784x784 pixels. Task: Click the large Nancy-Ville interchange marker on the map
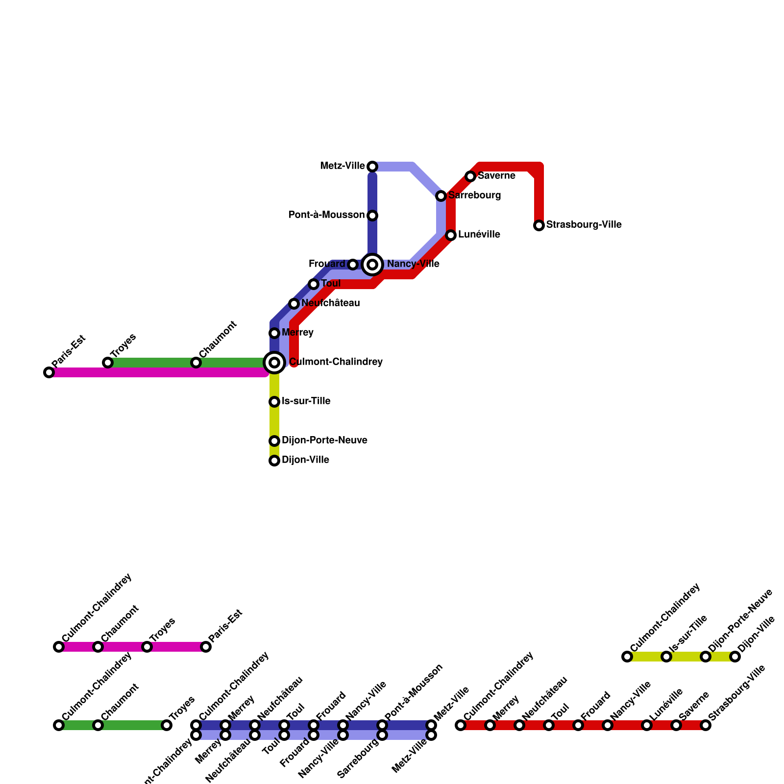pyautogui.click(x=372, y=265)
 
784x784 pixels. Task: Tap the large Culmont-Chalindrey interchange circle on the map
pyautogui.click(x=274, y=363)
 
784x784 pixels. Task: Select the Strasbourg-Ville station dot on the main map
pyautogui.click(x=539, y=225)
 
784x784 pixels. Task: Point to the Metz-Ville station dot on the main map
pyautogui.click(x=372, y=167)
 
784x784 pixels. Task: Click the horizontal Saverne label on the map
pyautogui.click(x=496, y=176)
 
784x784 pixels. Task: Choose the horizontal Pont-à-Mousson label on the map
pyautogui.click(x=326, y=215)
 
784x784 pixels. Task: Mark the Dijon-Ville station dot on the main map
pyautogui.click(x=274, y=461)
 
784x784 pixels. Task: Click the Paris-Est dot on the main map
pyautogui.click(x=49, y=372)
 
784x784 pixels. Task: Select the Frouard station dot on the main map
pyautogui.click(x=353, y=265)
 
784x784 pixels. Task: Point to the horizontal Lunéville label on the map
pyautogui.click(x=479, y=235)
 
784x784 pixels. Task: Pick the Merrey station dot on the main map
pyautogui.click(x=274, y=333)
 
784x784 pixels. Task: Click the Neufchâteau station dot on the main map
pyautogui.click(x=294, y=304)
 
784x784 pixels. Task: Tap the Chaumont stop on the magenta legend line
pyautogui.click(x=98, y=647)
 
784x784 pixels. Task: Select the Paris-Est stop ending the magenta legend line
pyautogui.click(x=206, y=647)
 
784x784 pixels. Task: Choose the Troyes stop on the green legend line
pyautogui.click(x=167, y=725)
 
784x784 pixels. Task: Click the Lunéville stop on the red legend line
pyautogui.click(x=647, y=725)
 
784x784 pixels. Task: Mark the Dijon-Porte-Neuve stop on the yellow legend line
pyautogui.click(x=706, y=657)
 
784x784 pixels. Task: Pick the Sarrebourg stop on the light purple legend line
pyautogui.click(x=382, y=735)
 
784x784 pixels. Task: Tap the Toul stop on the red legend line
pyautogui.click(x=549, y=725)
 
